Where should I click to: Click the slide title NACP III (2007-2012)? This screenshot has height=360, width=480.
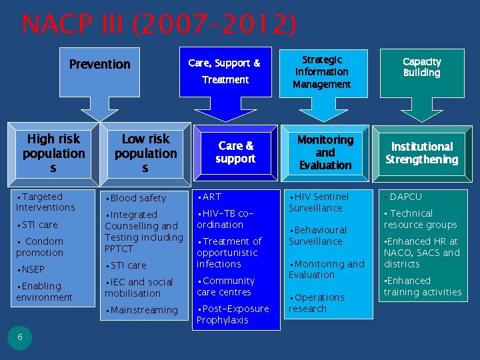point(159,24)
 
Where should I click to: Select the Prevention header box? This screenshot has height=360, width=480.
point(100,65)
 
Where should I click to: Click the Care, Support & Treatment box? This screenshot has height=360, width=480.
point(225,71)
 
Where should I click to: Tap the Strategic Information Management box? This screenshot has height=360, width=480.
point(321,71)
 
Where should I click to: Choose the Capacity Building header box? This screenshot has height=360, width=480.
point(421,67)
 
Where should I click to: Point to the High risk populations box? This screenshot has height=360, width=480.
point(53,153)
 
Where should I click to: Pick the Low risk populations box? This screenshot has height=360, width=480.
point(145,153)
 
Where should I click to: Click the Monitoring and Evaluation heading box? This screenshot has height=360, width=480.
point(325,153)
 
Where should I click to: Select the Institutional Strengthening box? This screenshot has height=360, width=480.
point(421,153)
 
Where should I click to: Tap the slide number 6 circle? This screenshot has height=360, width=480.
point(20,337)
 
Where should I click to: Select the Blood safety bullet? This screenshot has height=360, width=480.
point(137,198)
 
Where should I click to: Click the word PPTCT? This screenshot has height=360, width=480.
point(119,249)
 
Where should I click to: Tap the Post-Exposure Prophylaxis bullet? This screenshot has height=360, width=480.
point(233,315)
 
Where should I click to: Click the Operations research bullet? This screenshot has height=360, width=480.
point(317,303)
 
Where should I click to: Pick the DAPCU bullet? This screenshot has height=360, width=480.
point(405,197)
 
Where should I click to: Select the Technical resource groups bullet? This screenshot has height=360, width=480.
point(420,219)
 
